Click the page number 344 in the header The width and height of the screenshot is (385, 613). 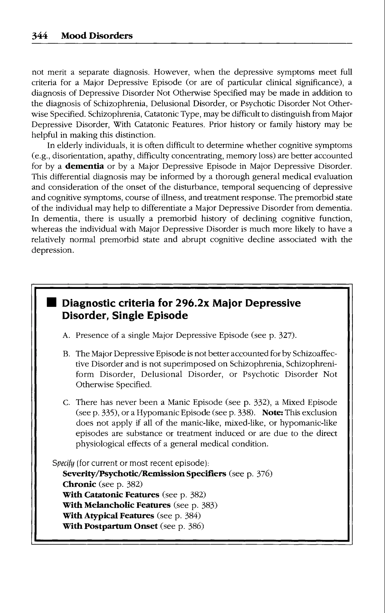(x=39, y=36)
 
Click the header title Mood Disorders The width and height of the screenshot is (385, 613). (x=97, y=36)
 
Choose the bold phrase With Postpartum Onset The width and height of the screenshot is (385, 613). (x=110, y=526)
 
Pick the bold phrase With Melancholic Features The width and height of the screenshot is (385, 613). (x=116, y=505)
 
